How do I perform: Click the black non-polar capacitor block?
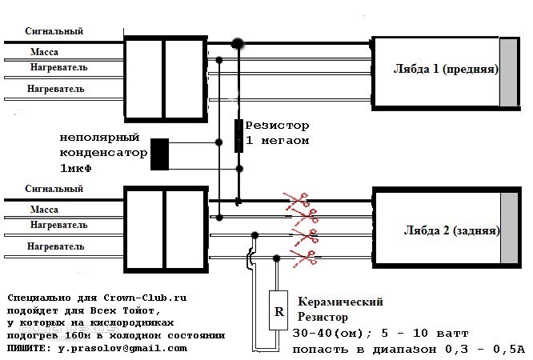[160, 154]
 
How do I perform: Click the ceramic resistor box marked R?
[279, 310]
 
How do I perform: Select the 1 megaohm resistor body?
[239, 136]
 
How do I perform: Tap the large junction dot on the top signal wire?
[238, 43]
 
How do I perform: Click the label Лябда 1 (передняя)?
[446, 69]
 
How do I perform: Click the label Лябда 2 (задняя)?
[451, 230]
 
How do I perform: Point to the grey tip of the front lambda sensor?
[508, 72]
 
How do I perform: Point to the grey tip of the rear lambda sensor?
[509, 228]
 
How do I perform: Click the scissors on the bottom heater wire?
[303, 258]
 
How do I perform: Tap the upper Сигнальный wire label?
[54, 31]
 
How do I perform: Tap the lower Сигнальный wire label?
[54, 189]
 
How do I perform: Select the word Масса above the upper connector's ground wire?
[44, 52]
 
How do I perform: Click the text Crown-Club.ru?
[145, 298]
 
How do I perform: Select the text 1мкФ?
[76, 168]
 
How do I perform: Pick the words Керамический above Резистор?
[341, 302]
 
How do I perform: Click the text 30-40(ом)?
[327, 333]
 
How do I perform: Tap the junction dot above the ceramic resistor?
[276, 258]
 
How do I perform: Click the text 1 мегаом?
[278, 140]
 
